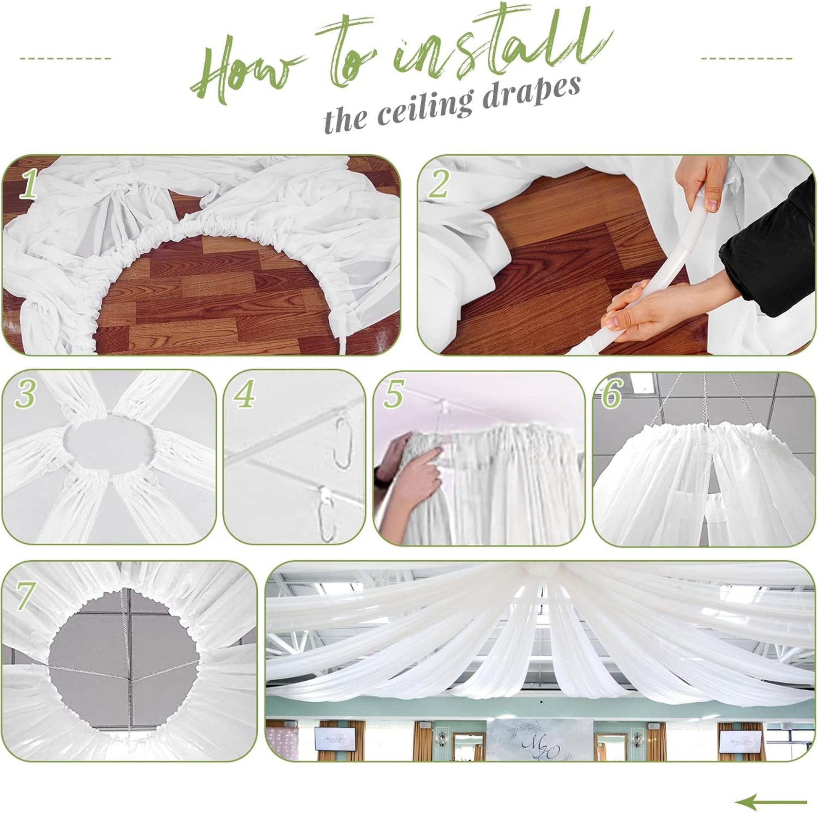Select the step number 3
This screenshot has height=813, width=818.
click(24, 395)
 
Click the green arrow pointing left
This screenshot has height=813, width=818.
click(771, 790)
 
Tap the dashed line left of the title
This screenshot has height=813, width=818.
click(65, 58)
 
